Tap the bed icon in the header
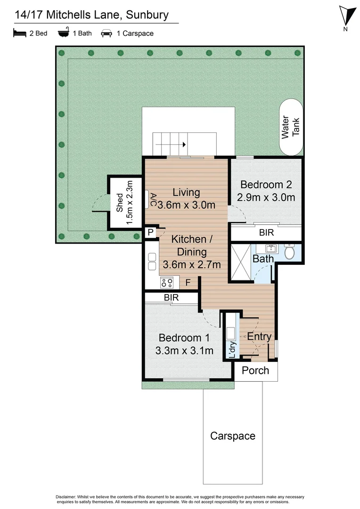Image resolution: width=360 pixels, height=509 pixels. coord(19,33)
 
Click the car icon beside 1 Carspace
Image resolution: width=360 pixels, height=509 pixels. coord(106,33)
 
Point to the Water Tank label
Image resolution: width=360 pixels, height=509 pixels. coord(291,127)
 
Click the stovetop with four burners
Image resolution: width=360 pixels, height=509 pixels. coord(167,282)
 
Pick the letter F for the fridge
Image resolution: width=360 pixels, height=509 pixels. coord(188,283)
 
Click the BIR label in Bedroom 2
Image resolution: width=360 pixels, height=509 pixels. coord(266,233)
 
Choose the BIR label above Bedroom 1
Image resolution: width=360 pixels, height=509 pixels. coord(171,298)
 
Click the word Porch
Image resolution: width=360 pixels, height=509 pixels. coord(255,370)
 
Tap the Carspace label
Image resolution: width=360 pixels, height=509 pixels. coord(233,436)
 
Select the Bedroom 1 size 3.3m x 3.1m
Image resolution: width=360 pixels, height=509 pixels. coord(184,351)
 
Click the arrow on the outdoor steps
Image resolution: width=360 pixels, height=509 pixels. coord(184,145)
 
